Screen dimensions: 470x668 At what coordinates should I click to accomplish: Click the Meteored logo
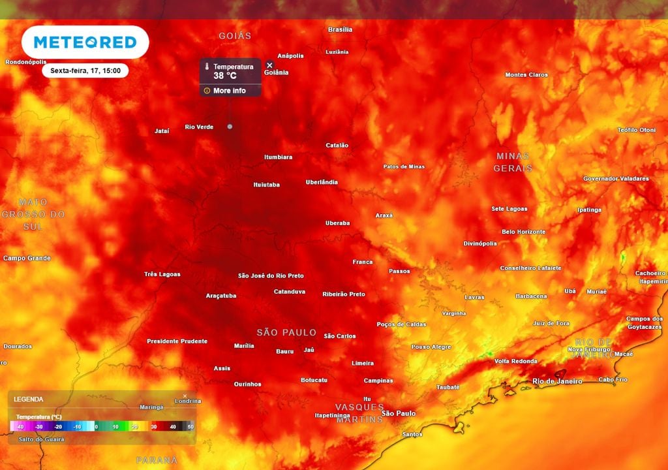(85, 42)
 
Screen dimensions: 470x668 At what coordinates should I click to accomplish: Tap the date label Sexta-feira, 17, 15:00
(85, 70)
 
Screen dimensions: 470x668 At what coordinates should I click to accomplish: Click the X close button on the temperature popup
(269, 65)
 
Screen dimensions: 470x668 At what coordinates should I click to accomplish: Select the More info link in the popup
(229, 91)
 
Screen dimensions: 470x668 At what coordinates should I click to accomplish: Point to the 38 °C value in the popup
(225, 76)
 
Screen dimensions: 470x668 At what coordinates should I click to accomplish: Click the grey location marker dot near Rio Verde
(230, 127)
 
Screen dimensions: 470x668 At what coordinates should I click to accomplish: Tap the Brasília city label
(340, 29)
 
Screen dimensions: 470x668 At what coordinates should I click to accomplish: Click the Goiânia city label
(276, 72)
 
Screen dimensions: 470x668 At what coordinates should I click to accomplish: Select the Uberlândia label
(322, 182)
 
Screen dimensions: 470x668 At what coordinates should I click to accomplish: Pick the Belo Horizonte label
(523, 232)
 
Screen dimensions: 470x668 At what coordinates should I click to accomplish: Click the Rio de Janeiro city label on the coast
(557, 381)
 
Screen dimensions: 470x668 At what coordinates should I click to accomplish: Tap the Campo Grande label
(27, 258)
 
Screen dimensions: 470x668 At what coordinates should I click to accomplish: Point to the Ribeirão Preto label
(344, 294)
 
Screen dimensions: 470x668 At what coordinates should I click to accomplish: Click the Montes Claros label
(526, 75)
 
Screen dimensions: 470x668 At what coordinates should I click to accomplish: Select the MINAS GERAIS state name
(513, 162)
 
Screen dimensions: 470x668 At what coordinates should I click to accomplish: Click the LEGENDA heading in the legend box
(29, 399)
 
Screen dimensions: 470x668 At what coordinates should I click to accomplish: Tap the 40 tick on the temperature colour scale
(173, 426)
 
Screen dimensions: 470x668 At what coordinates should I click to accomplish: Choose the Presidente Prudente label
(177, 341)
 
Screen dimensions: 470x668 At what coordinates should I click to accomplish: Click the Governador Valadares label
(616, 179)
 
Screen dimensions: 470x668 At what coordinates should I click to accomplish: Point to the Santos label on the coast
(412, 434)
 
